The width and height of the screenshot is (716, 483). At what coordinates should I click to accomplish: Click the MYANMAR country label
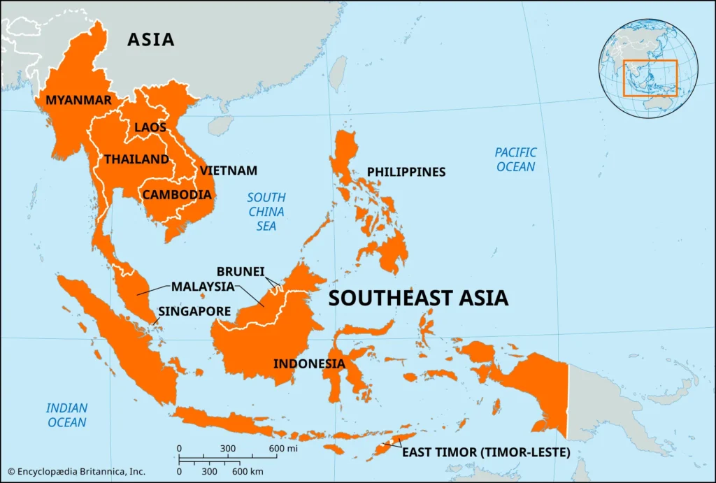click(78, 101)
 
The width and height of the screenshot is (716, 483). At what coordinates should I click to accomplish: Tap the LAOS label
click(150, 128)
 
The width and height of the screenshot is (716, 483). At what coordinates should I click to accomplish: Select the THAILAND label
click(137, 159)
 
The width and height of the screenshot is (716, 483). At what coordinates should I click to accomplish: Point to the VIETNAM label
click(229, 171)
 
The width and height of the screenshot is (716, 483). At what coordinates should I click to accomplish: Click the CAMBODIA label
click(177, 195)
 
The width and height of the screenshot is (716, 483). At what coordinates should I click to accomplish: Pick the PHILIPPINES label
click(406, 172)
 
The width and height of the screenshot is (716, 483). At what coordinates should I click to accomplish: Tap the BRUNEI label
click(241, 271)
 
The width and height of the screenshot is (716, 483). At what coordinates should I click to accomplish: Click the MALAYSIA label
click(203, 287)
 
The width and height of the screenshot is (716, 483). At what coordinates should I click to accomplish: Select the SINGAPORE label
click(194, 311)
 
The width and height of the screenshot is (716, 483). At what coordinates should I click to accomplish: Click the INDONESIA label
click(308, 363)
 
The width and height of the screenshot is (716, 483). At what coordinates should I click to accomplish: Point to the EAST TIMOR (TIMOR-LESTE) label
click(486, 453)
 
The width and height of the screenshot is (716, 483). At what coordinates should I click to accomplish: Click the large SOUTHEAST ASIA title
click(418, 298)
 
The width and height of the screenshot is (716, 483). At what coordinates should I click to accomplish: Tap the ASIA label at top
click(150, 40)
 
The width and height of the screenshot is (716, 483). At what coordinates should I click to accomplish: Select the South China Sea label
click(266, 212)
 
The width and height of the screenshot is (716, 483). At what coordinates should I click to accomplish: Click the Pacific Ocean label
click(515, 159)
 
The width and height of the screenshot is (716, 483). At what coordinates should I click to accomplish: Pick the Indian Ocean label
click(67, 415)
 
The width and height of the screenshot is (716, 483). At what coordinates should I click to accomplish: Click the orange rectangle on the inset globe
click(650, 78)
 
